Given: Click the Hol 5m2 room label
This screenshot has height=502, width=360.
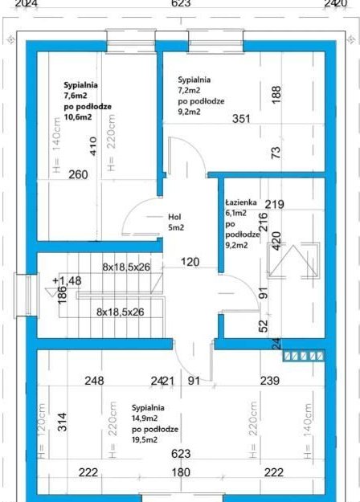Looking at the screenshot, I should tap(176, 222).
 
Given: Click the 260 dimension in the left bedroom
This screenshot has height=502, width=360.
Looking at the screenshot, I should tap(78, 174).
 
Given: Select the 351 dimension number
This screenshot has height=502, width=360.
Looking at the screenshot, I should tap(241, 119).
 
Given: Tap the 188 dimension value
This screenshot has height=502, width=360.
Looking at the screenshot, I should tap(276, 95).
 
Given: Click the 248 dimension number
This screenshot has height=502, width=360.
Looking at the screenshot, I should tap(94, 381).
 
